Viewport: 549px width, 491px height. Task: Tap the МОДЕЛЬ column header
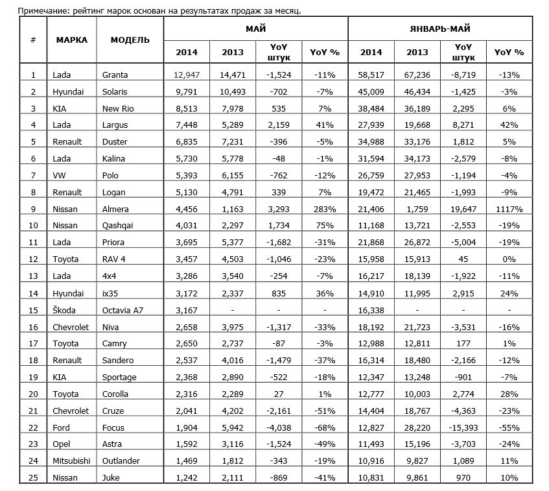tap(130, 40)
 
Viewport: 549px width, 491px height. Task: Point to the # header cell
tap(33, 40)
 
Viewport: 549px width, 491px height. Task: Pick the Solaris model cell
tap(115, 91)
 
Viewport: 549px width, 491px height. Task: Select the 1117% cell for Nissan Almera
tap(508, 209)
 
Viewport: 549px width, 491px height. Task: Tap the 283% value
tap(323, 209)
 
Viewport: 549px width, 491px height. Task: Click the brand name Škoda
tap(65, 310)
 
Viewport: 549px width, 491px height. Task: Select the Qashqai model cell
tap(116, 226)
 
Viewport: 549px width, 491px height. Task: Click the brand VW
tap(59, 175)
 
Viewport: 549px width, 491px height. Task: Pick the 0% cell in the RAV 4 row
tap(508, 259)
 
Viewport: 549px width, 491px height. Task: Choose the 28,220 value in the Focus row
tap(417, 428)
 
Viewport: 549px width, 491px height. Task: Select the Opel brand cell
tap(62, 445)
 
